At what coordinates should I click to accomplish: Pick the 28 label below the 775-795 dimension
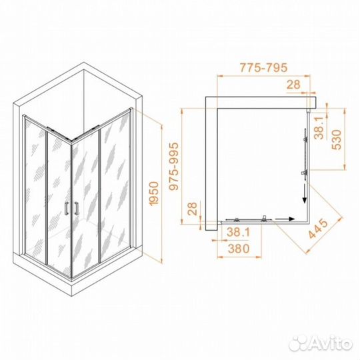(292, 85)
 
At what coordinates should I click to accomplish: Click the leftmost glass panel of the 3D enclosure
(35, 187)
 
